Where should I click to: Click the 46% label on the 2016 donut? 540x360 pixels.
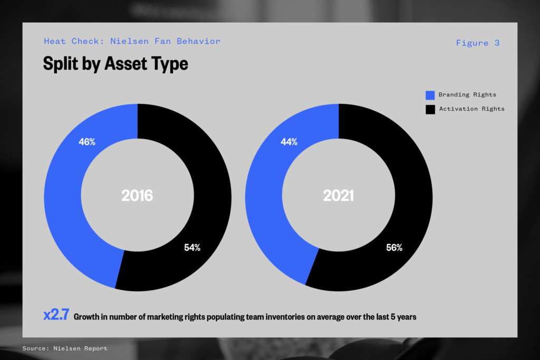(x=87, y=142)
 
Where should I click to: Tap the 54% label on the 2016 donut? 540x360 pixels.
(x=192, y=247)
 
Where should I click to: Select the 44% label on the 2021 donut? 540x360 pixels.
(x=289, y=142)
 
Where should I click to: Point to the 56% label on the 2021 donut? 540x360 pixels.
(x=394, y=247)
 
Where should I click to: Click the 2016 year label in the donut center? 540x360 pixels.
(x=137, y=196)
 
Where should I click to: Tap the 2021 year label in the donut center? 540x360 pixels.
(x=338, y=196)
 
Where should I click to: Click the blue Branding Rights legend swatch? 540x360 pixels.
(x=430, y=95)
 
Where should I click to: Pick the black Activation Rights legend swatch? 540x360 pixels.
(x=430, y=110)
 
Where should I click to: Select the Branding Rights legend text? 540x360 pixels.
(x=467, y=95)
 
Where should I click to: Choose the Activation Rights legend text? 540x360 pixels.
(x=472, y=109)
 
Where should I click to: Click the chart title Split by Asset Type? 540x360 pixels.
(x=115, y=64)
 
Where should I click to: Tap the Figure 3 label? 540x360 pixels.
(x=478, y=43)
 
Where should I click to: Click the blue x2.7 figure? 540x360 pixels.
(x=56, y=315)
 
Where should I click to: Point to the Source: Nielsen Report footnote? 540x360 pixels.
(x=65, y=348)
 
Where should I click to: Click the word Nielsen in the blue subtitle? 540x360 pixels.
(x=130, y=41)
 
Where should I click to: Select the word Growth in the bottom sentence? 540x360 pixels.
(x=86, y=317)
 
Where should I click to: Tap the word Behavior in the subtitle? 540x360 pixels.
(x=199, y=41)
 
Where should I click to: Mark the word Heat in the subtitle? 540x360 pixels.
(x=55, y=41)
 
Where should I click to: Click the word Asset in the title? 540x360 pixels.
(x=126, y=63)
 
